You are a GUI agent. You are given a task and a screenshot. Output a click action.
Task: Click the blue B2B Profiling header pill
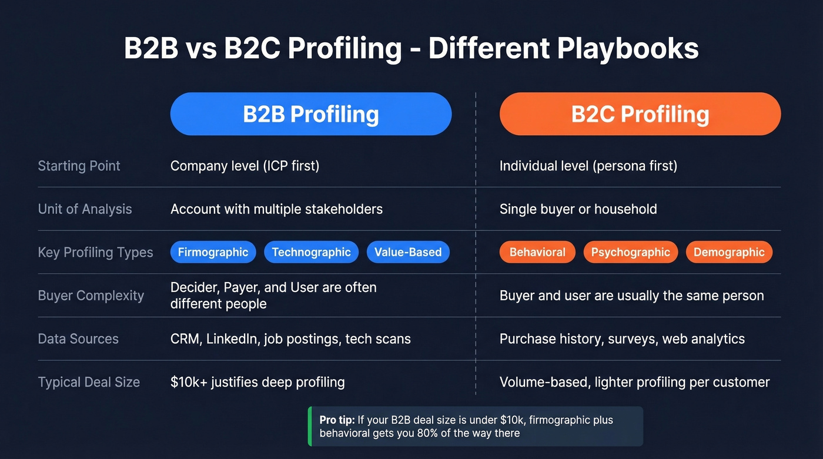tap(310, 114)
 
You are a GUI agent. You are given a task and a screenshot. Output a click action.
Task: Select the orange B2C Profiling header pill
tap(640, 114)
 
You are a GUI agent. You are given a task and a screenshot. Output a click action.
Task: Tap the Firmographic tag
tap(213, 253)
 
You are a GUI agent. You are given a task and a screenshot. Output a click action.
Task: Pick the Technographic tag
tap(311, 253)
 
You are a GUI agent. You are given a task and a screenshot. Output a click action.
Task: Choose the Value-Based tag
tap(408, 253)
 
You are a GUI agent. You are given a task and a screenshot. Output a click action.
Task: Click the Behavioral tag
tap(537, 253)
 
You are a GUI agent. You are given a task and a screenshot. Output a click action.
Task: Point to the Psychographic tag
tap(630, 253)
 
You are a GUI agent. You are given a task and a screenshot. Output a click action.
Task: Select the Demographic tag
tap(729, 253)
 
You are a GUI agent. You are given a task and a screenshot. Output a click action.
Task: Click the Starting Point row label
tap(79, 166)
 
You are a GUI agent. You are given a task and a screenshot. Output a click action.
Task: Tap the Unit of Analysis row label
tap(85, 209)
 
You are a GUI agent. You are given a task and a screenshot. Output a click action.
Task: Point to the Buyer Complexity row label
tap(91, 296)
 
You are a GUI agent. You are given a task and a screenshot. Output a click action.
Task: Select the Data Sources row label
tap(78, 339)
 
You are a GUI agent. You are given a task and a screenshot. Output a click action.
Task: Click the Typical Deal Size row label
tap(89, 383)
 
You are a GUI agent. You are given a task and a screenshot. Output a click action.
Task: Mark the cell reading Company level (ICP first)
tap(245, 166)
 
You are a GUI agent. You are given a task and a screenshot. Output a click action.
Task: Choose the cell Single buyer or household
tap(578, 209)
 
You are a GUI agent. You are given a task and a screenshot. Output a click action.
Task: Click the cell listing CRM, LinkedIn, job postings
tap(290, 339)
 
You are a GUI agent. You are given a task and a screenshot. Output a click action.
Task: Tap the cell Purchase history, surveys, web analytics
tap(622, 339)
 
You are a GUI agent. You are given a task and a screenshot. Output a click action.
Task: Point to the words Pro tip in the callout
tap(337, 420)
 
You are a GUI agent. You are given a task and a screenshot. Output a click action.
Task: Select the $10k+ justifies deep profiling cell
tap(257, 383)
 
